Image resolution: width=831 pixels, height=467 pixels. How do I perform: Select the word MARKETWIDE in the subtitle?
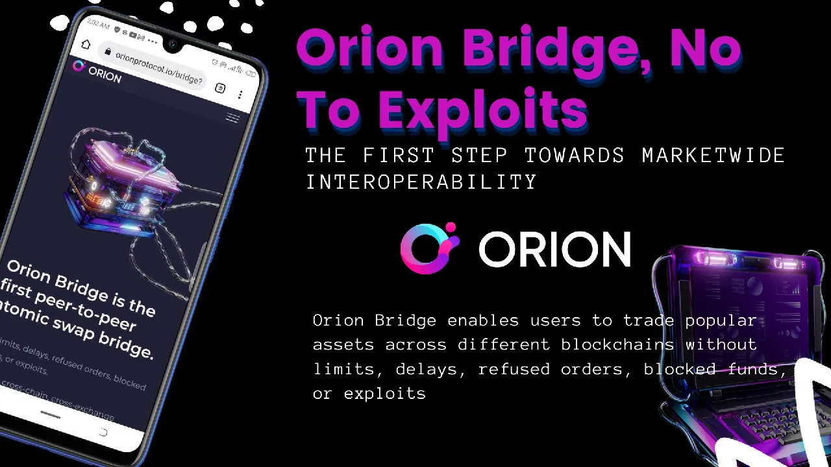click(713, 156)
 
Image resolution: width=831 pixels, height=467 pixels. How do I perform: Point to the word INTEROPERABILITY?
click(421, 182)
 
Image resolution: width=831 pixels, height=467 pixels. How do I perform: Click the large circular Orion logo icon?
click(429, 248)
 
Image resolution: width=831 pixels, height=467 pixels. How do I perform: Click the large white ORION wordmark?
click(554, 250)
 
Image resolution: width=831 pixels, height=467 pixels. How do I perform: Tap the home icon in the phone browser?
click(86, 44)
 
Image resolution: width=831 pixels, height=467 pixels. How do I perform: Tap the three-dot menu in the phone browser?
click(240, 95)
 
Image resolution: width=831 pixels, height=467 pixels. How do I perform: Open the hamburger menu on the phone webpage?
click(232, 117)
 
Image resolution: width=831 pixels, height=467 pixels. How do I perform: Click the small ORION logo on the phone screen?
click(97, 71)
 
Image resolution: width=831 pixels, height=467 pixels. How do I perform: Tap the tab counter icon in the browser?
click(220, 88)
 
